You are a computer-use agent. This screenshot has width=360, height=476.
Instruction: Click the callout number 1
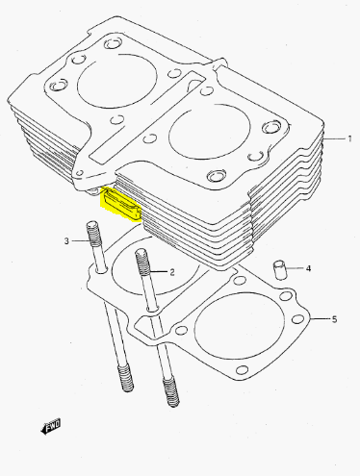pos(349,138)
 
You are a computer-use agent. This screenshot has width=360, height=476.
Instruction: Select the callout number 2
pos(172,272)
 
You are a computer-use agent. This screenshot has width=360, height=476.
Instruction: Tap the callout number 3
pos(66,240)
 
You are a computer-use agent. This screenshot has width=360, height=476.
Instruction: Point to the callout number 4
pos(308,268)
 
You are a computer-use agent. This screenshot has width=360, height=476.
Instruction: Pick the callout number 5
pos(334,319)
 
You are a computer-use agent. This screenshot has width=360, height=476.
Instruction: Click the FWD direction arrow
pos(51,427)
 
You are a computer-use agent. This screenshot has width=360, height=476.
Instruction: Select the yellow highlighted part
pos(121,205)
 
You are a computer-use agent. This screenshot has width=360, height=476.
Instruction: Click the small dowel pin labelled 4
pos(279,270)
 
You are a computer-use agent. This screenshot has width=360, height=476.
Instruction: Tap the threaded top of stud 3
pos(93,234)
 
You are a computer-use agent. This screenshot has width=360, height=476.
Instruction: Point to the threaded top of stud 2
pos(142,262)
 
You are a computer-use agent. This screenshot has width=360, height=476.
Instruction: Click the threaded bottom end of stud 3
pos(126,379)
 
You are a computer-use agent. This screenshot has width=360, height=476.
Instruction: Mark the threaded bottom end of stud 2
pos(170,392)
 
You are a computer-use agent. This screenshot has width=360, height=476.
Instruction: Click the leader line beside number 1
pos(333,139)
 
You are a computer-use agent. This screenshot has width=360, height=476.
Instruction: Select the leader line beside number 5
pos(320,318)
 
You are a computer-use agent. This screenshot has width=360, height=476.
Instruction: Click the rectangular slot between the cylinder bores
pos(146,116)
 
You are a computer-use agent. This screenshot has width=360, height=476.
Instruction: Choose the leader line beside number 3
pos(80,240)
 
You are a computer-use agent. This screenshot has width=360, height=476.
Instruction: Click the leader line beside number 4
pos(295,267)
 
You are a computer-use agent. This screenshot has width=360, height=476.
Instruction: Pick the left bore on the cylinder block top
pos(117,81)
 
